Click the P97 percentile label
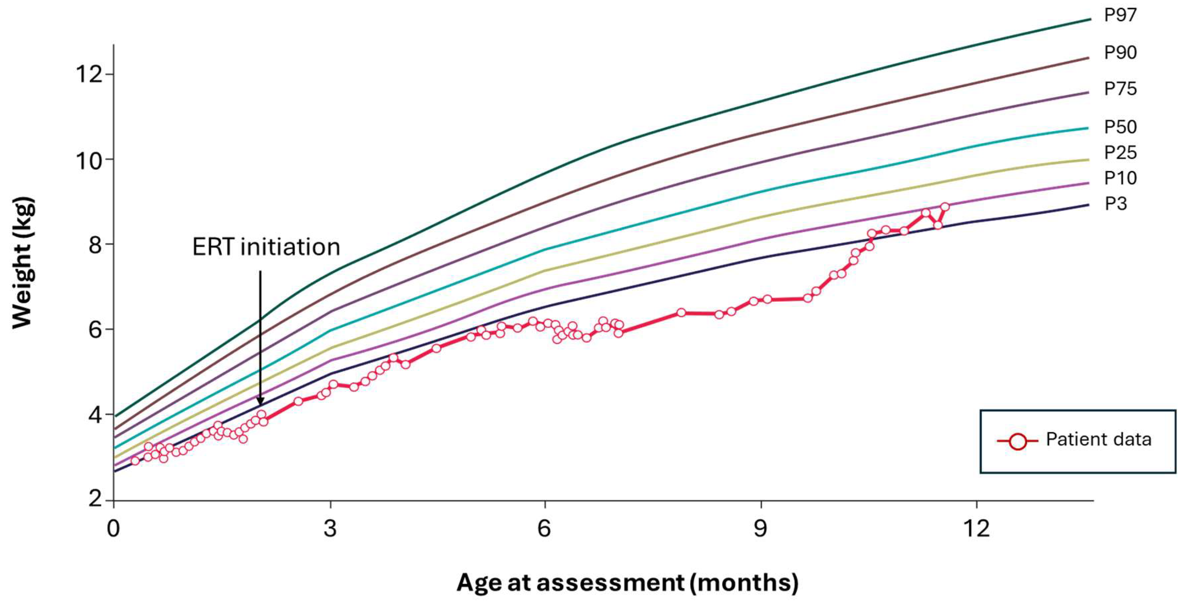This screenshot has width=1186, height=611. pos(1120,16)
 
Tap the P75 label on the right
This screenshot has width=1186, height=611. pos(1120,89)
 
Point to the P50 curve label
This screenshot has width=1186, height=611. pos(1120,127)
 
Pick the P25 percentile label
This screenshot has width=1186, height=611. pos(1120,153)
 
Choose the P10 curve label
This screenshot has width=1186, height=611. pos(1120,178)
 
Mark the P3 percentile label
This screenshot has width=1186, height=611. pos(1116,204)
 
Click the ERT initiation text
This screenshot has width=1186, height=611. pos(266,248)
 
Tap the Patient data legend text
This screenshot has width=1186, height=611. pos(1099,439)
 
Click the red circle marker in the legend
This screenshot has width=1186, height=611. pos(1017,441)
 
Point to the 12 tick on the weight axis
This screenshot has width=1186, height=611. pos(89,74)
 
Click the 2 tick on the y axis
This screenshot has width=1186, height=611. pos(95,499)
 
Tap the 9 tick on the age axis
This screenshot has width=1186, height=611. pos(760,528)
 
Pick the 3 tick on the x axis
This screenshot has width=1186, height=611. pos(330,528)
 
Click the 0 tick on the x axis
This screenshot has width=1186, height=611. pos(113,528)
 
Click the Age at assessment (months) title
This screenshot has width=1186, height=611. pos(627,583)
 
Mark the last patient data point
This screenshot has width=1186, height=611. pos(945,207)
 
